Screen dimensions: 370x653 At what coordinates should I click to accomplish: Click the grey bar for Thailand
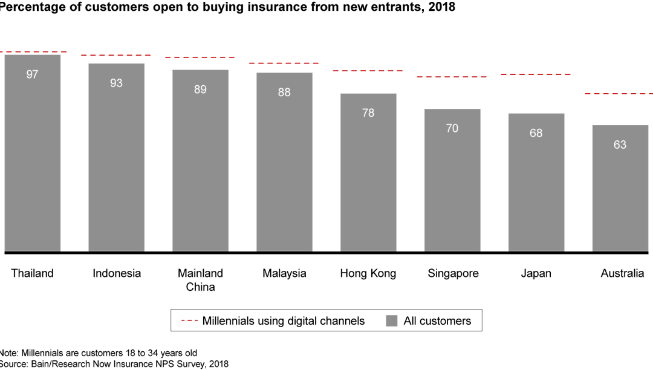pyautogui.click(x=32, y=157)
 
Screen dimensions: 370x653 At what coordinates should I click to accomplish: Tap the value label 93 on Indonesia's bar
pyautogui.click(x=116, y=83)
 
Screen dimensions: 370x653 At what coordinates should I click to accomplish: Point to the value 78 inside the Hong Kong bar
pyautogui.click(x=368, y=112)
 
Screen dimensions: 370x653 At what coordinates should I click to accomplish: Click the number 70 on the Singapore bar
pyautogui.click(x=452, y=128)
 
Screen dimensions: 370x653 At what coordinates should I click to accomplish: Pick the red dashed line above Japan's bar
pyautogui.click(x=536, y=74)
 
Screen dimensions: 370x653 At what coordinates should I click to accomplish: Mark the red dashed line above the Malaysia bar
pyautogui.click(x=284, y=63)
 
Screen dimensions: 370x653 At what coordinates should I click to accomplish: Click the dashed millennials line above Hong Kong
pyautogui.click(x=368, y=71)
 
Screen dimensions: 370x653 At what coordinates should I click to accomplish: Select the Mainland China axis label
pyautogui.click(x=200, y=280)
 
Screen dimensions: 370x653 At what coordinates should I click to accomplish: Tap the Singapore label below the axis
pyautogui.click(x=453, y=273)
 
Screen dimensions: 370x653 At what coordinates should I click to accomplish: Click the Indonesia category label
pyautogui.click(x=117, y=273)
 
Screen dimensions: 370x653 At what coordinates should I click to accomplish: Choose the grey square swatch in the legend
pyautogui.click(x=392, y=321)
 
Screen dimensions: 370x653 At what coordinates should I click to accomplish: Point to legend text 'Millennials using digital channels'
pyautogui.click(x=284, y=321)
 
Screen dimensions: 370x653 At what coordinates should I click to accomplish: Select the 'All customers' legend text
pyautogui.click(x=437, y=321)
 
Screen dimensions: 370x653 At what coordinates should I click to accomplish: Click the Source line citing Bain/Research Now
pyautogui.click(x=114, y=363)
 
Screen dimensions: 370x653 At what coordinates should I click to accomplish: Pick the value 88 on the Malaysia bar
pyautogui.click(x=284, y=92)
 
